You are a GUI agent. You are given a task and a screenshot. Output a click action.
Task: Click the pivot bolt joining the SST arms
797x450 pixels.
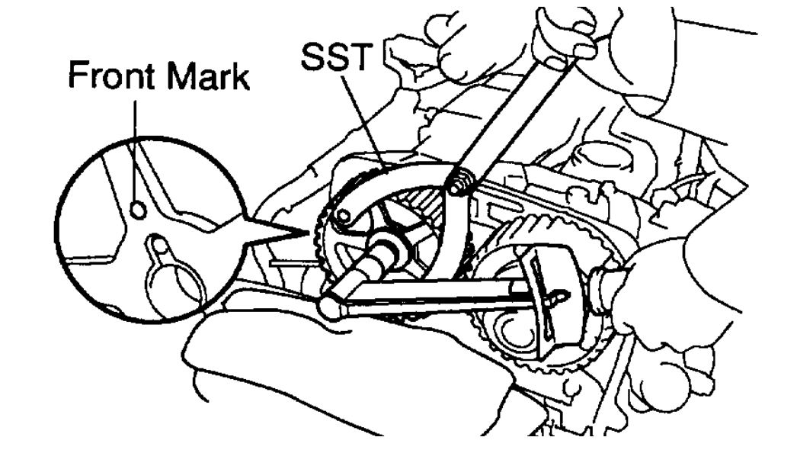click(459, 184)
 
